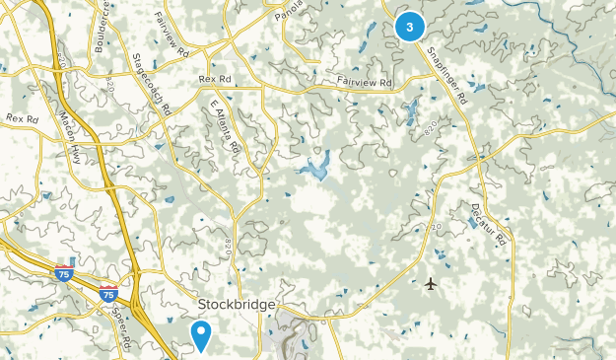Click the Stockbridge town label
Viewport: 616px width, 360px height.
pos(237,304)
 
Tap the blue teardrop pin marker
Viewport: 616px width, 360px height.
pos(201,335)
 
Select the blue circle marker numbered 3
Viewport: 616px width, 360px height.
pos(409,27)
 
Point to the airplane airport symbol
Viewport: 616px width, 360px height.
pos(430,285)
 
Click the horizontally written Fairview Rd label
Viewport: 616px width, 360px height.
pos(364,82)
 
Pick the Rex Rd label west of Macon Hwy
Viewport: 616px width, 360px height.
pos(21,118)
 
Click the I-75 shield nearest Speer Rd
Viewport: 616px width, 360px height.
pos(109,294)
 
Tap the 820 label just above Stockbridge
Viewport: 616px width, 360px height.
pos(228,246)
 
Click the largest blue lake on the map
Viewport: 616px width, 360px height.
pos(315,169)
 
